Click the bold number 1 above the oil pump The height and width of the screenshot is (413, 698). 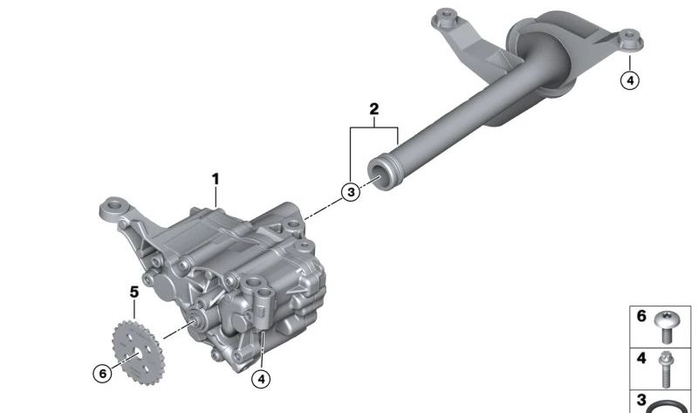point(216,180)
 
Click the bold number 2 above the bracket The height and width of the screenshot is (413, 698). point(374,109)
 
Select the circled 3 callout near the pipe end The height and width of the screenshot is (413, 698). point(351,192)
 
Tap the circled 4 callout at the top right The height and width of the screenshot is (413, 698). point(630,80)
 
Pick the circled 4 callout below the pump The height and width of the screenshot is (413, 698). point(261,379)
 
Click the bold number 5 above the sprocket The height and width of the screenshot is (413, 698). point(134,293)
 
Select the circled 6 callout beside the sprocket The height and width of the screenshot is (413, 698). point(102,373)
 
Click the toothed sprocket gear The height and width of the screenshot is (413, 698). point(138,353)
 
